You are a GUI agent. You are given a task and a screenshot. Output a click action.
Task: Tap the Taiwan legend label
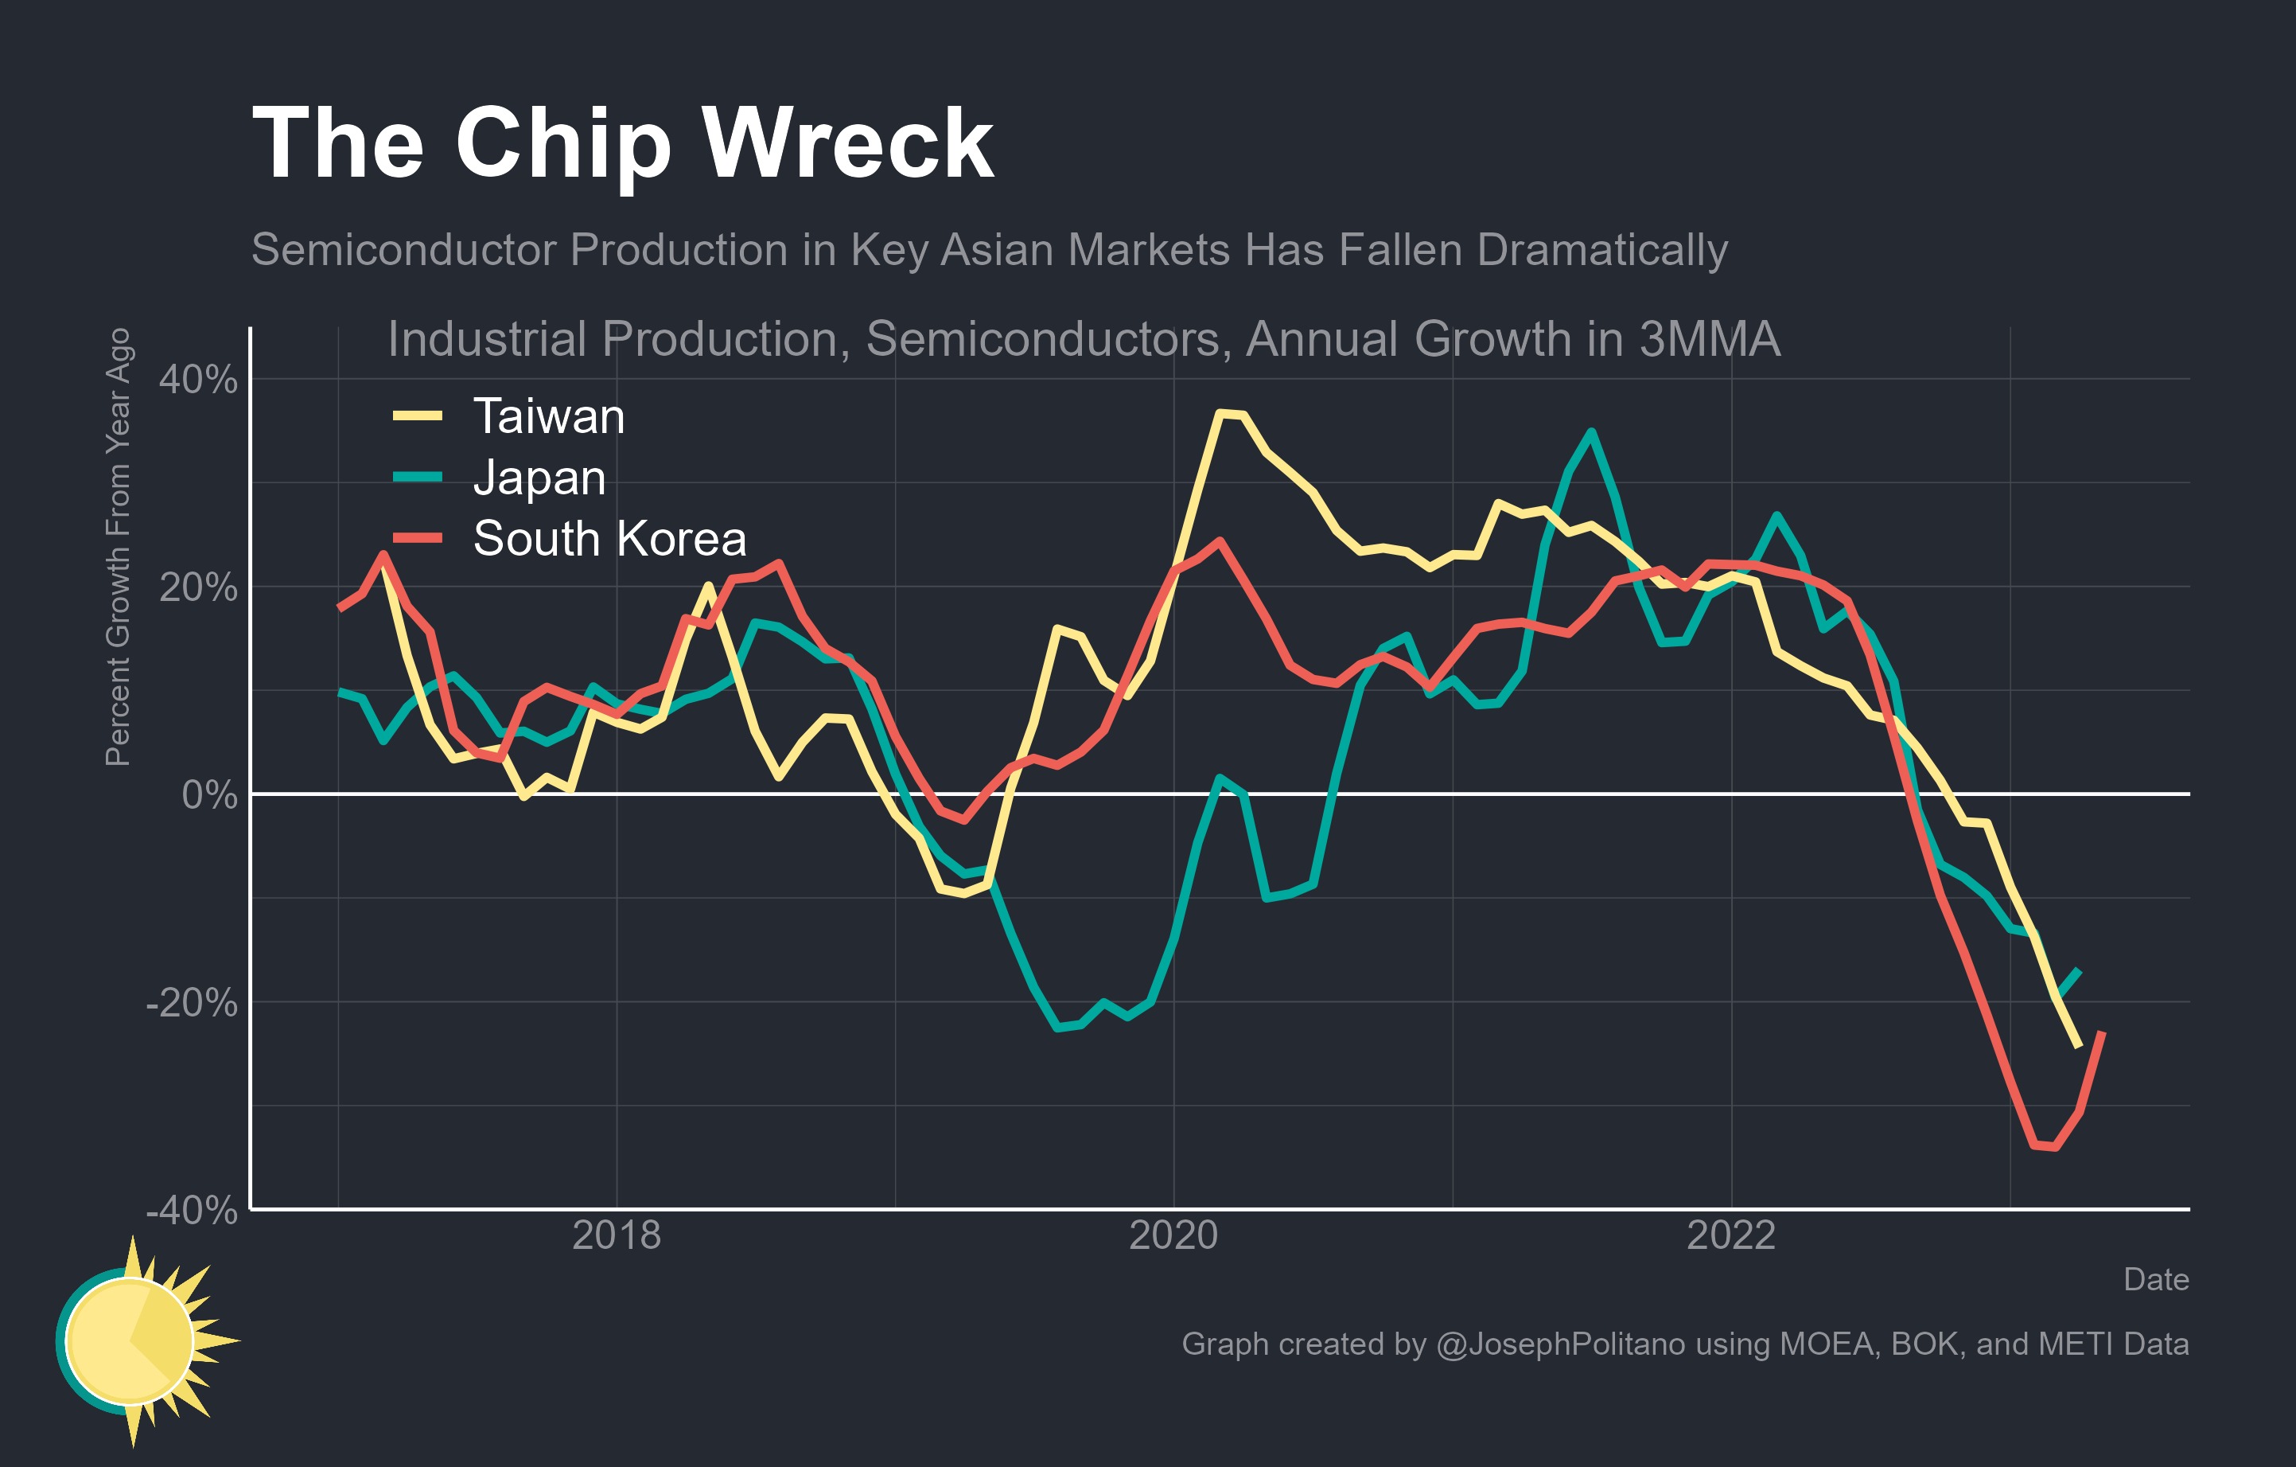pyautogui.click(x=548, y=417)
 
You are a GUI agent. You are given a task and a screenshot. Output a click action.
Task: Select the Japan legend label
pyautogui.click(x=539, y=477)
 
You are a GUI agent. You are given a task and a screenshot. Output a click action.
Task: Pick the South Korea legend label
pyautogui.click(x=609, y=539)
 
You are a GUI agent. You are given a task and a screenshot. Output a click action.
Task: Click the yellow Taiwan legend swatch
pyautogui.click(x=418, y=416)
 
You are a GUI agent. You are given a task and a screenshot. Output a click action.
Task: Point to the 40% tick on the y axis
pyautogui.click(x=198, y=380)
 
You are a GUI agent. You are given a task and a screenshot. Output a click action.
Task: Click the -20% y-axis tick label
pyautogui.click(x=192, y=1002)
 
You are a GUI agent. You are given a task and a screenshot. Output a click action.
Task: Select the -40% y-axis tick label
pyautogui.click(x=192, y=1211)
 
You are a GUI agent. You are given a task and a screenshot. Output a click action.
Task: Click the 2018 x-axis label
pyautogui.click(x=616, y=1235)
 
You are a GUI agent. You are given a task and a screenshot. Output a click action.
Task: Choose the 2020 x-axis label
pyautogui.click(x=1173, y=1235)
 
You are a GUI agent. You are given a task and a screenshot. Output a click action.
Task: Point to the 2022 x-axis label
pyautogui.click(x=1730, y=1235)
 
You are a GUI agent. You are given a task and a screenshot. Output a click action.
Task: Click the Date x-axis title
pyautogui.click(x=2155, y=1279)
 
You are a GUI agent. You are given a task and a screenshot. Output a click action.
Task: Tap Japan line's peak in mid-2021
pyautogui.click(x=1590, y=432)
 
